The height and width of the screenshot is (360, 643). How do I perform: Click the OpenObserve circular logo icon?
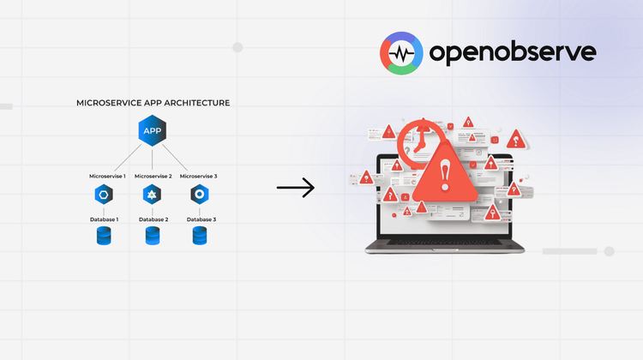coord(401,53)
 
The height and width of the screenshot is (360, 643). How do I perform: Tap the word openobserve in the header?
coord(511,53)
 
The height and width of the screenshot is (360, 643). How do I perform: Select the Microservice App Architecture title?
coord(153,103)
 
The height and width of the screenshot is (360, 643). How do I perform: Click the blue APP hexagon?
coord(153,131)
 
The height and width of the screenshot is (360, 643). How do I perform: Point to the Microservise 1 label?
coord(107,177)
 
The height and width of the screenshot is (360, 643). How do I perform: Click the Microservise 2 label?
coord(153,177)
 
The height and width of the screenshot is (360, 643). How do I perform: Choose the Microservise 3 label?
coord(198,177)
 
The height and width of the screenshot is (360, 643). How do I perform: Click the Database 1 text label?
coord(105,219)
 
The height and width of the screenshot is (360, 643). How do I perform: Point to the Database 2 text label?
coord(153,219)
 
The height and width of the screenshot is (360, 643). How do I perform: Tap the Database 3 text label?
coord(201,219)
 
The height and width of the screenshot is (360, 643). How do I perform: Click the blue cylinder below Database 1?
coord(105,237)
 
